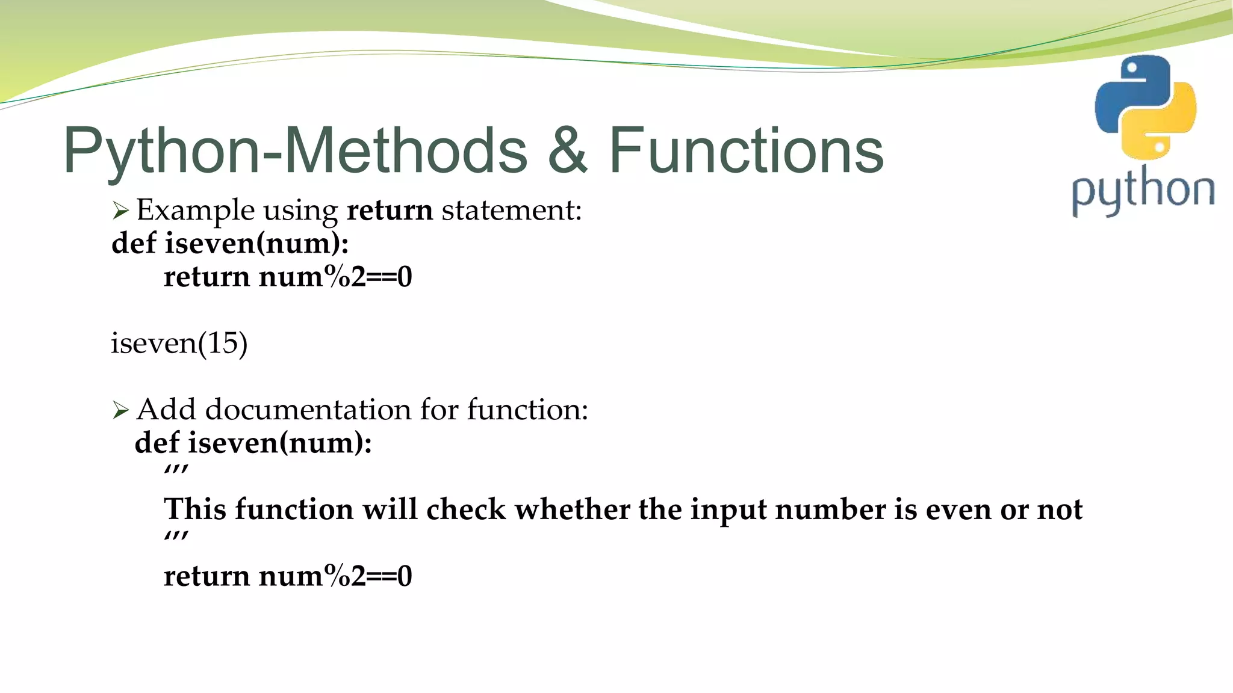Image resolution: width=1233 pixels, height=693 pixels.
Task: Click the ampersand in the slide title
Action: coord(568,150)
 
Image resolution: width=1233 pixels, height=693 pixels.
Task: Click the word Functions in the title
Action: coord(746,150)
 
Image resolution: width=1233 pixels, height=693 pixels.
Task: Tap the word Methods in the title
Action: coord(405,150)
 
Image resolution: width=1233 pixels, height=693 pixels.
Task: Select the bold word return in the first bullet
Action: coord(390,210)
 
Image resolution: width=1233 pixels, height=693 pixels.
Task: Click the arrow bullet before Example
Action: coord(120,211)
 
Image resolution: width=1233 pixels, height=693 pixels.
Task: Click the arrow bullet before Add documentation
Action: coord(120,410)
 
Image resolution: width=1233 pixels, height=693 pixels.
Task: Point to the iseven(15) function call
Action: coord(179,343)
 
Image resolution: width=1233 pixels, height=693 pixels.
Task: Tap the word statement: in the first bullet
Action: coord(512,210)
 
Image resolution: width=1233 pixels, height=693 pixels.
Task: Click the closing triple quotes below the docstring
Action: coord(176,538)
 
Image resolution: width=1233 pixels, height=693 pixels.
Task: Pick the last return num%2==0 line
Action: coord(288,576)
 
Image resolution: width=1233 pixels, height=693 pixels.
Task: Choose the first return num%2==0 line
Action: coord(288,277)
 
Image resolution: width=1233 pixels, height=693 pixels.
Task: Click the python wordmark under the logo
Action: coord(1143,191)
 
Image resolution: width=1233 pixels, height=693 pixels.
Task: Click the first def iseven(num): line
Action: coord(230,244)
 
